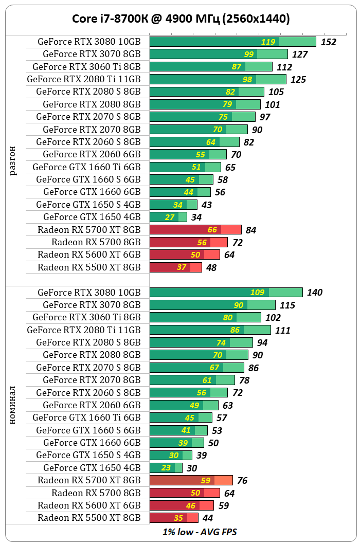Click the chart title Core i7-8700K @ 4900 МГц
tap(180, 19)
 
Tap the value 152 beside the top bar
tap(328, 42)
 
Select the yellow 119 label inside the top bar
tap(268, 42)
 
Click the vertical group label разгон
tap(13, 160)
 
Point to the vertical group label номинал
tap(13, 405)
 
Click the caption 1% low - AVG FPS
tap(200, 532)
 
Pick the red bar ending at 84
tap(195, 230)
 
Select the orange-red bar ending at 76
tap(191, 480)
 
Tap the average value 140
tap(314, 293)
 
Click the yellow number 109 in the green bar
tap(257, 293)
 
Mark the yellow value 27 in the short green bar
tap(170, 217)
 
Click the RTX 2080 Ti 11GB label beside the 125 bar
tap(83, 79)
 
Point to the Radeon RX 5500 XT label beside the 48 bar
tap(89, 267)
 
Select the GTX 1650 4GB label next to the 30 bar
tap(92, 468)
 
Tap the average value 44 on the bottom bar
tap(208, 518)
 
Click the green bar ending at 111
tap(210, 330)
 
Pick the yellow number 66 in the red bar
tap(212, 230)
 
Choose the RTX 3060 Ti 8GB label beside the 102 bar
tap(86, 317)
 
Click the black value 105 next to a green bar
tap(276, 92)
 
